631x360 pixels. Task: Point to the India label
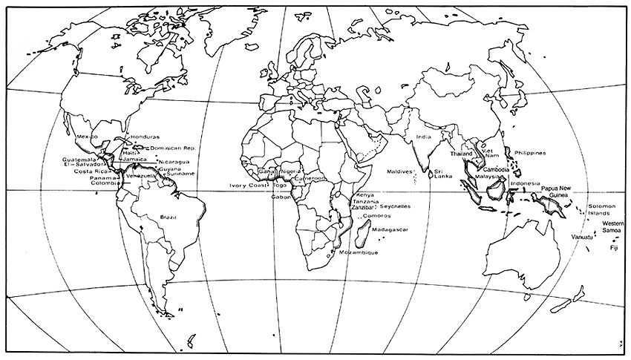[x=423, y=137]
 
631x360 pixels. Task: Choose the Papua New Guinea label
[x=559, y=192]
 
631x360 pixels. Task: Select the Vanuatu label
[x=582, y=237]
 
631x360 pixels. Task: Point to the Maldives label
[x=399, y=171]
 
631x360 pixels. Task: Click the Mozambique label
[x=359, y=252]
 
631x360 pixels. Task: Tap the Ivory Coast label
[x=247, y=186]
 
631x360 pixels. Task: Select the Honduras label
[x=145, y=137]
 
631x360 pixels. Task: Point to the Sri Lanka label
[x=443, y=172]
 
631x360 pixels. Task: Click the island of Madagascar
[x=362, y=237]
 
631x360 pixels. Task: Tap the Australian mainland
[x=520, y=245]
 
